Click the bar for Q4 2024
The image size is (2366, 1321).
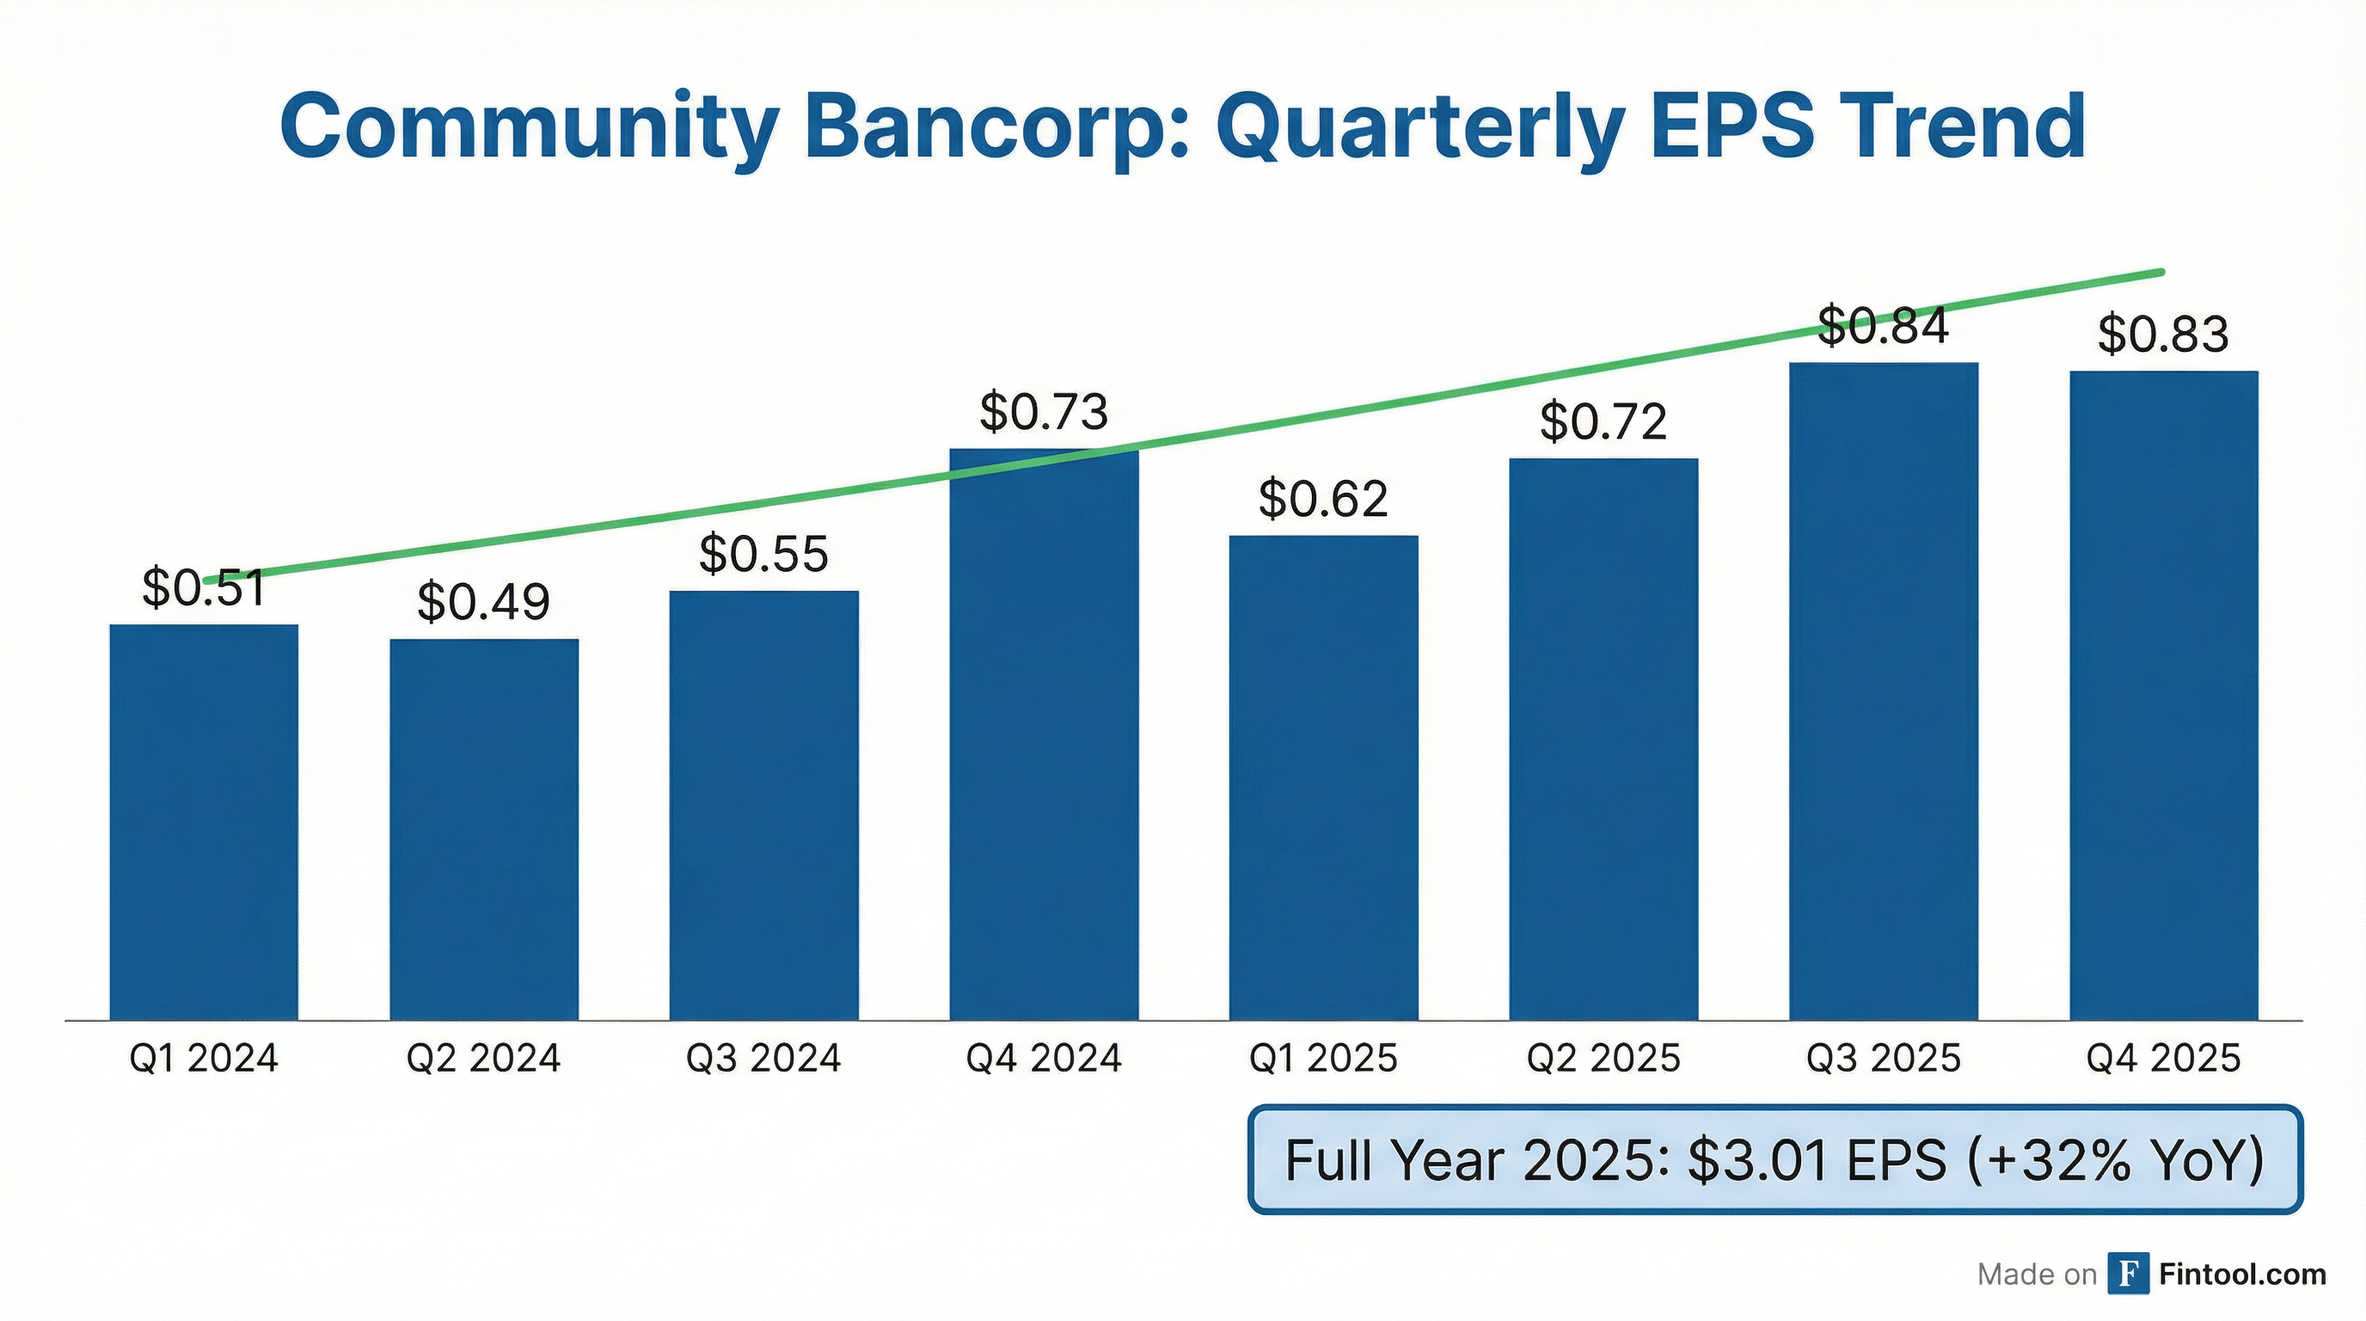coord(1044,735)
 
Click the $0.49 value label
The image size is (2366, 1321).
coord(483,603)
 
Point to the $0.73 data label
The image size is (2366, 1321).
coord(1044,412)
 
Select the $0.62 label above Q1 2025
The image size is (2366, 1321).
coord(1322,500)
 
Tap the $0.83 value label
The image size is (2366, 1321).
coord(2163,335)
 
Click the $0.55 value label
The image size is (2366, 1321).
coord(763,554)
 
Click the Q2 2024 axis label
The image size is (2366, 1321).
coord(483,1059)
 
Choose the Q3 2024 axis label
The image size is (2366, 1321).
coord(763,1059)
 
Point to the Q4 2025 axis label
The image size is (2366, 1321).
coord(2163,1059)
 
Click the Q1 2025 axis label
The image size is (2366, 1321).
coord(1322,1059)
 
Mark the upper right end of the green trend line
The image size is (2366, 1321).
coord(2161,272)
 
